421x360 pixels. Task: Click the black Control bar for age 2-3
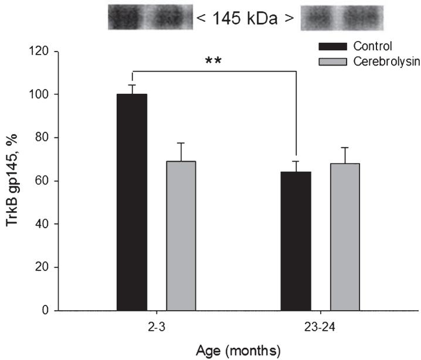click(x=132, y=202)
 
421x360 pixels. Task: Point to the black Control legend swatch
click(x=330, y=46)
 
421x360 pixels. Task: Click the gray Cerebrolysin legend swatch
click(x=330, y=62)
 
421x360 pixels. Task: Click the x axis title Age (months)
click(x=239, y=351)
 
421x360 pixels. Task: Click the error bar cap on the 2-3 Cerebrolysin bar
click(x=181, y=143)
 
